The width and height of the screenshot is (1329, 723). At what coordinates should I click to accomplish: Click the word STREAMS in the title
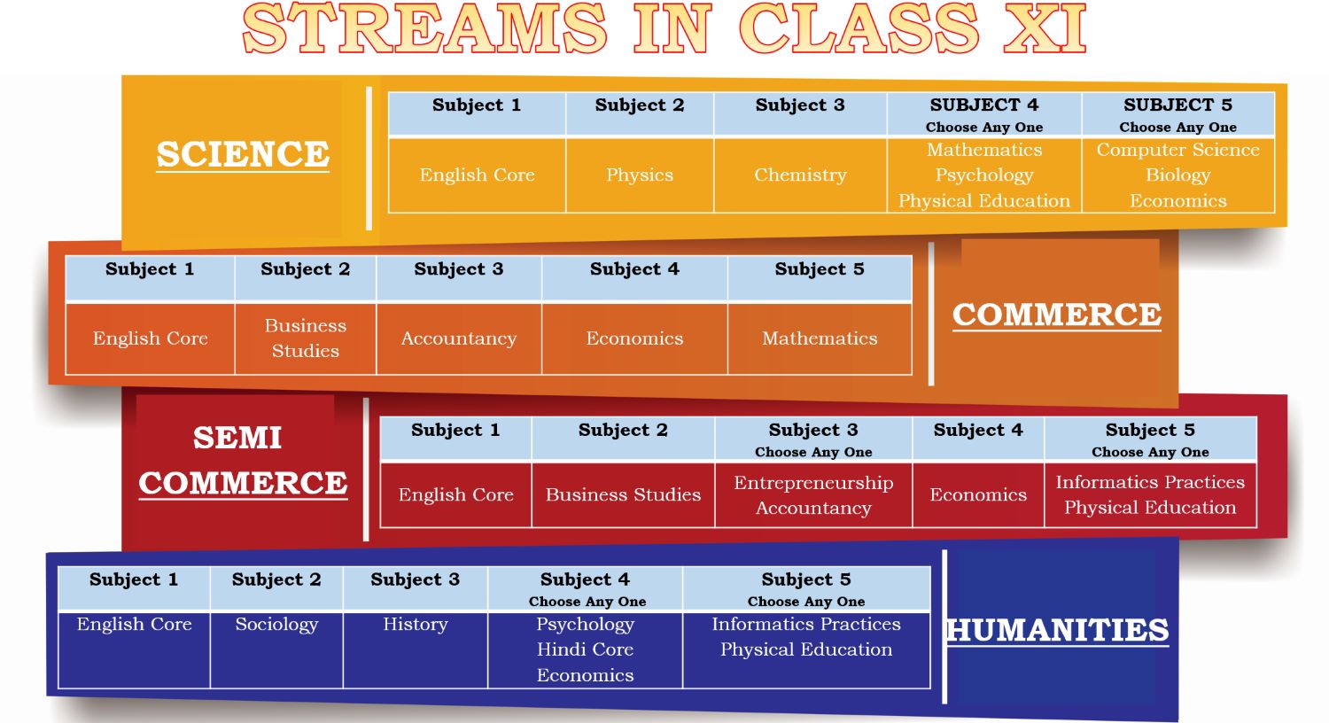tap(424, 28)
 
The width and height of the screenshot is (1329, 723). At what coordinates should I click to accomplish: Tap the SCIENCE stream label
tap(243, 155)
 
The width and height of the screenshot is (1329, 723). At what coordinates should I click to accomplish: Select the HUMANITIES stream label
tap(1057, 630)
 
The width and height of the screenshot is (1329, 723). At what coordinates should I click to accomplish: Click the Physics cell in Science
tap(640, 175)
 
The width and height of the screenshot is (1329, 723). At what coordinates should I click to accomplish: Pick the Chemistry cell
tap(800, 175)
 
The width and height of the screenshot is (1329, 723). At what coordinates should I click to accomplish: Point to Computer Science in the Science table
tap(1177, 150)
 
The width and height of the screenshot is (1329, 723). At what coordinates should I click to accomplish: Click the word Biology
tap(1177, 175)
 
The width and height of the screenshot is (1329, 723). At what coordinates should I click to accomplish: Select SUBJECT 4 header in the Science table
tap(984, 105)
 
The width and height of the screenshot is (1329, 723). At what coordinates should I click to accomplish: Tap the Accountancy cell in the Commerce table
tap(459, 338)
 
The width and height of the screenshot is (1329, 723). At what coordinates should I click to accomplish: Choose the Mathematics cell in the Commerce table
tap(820, 338)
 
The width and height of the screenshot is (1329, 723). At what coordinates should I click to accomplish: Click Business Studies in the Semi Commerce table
tap(623, 494)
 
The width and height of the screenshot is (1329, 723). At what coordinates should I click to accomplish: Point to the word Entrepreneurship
tap(813, 483)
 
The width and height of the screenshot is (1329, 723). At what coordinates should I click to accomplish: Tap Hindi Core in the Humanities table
tap(585, 649)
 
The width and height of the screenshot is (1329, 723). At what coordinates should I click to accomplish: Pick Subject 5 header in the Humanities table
tap(806, 579)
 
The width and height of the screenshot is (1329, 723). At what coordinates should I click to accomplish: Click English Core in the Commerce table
tap(150, 338)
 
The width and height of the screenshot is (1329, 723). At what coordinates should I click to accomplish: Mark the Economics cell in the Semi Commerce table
tap(978, 494)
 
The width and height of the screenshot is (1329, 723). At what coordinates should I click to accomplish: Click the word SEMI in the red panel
tap(237, 439)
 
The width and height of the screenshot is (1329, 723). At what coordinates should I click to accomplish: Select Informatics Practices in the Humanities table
tap(806, 624)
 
